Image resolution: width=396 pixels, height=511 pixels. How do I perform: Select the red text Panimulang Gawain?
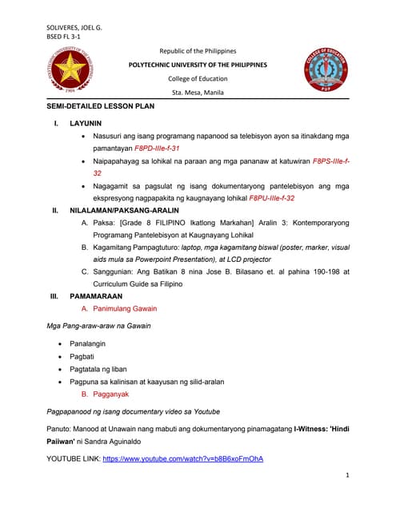click(125, 308)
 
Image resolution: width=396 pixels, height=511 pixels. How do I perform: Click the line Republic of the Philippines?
click(198, 50)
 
